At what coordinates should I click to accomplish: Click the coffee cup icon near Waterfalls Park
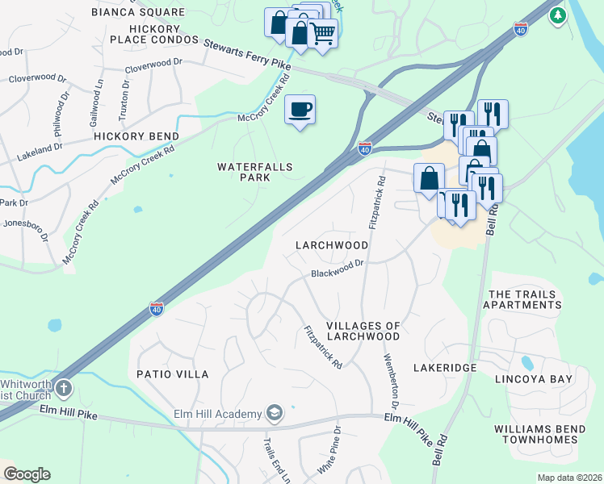(x=300, y=110)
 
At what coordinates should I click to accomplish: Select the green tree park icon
(x=556, y=15)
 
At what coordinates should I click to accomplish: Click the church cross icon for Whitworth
(x=63, y=389)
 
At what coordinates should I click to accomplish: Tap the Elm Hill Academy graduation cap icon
(x=274, y=414)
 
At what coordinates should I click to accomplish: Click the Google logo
(x=27, y=474)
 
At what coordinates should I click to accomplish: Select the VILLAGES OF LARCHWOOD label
(x=363, y=332)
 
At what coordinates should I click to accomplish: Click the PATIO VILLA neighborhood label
(x=173, y=374)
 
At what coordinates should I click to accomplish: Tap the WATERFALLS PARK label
(x=254, y=173)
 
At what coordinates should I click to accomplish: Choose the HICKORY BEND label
(x=136, y=136)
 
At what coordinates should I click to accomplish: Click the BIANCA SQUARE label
(x=137, y=13)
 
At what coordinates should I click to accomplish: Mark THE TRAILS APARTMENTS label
(x=522, y=300)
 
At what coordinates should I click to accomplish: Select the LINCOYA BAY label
(x=534, y=378)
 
